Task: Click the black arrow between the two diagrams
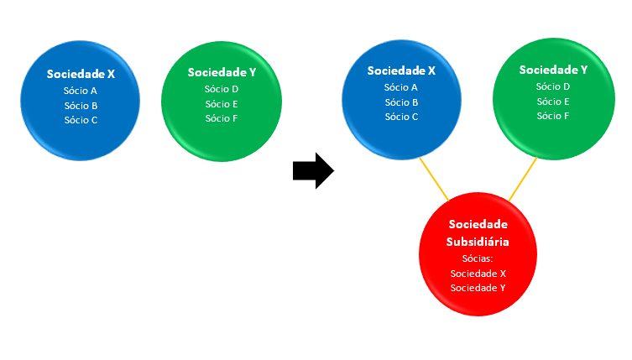313,171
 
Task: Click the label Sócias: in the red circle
478,259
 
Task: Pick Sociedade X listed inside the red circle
478,274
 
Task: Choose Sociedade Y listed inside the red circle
478,288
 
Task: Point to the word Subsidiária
478,241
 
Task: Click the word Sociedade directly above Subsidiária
478,225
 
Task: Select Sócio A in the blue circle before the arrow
81,91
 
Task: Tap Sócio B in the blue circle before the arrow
81,105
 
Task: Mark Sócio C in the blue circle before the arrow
81,119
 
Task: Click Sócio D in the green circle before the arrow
222,89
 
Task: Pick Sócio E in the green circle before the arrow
222,103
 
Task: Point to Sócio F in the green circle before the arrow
222,117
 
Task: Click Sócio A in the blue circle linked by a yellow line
401,87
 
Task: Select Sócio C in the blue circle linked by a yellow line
401,117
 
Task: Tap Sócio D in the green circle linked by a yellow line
553,86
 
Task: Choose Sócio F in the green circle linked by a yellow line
553,115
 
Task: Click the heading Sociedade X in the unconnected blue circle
81,74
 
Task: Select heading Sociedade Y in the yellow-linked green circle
553,70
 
